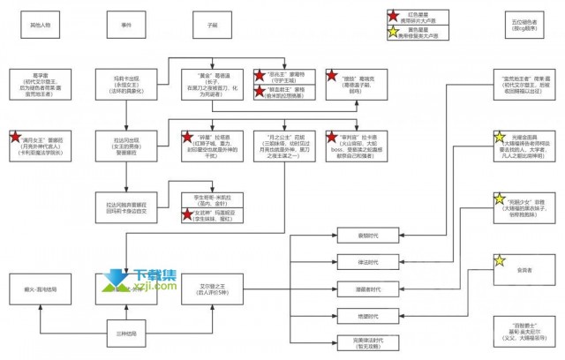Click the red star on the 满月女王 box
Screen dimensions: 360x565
click(15, 137)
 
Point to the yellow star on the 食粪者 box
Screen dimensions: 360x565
click(500, 260)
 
